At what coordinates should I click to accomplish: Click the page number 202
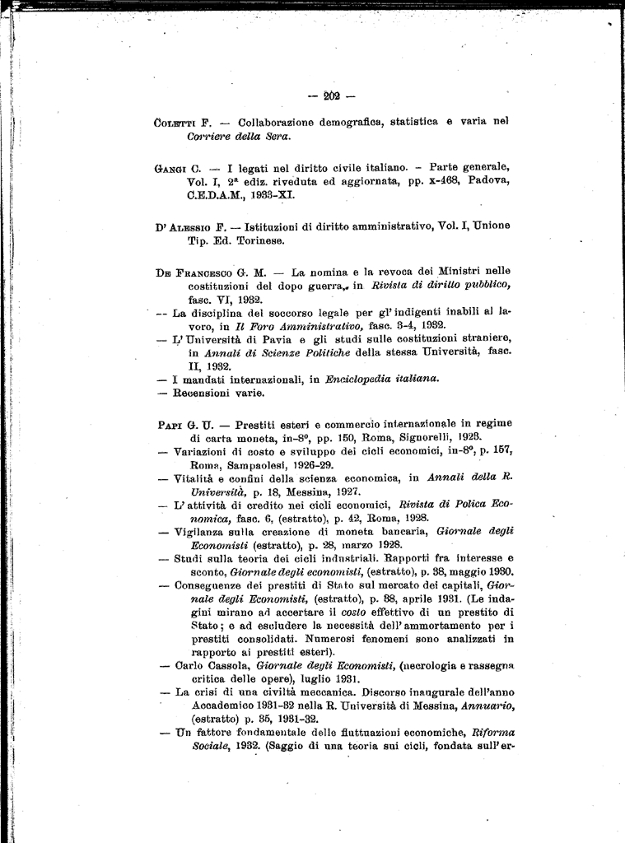pos(333,96)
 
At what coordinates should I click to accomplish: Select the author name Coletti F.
pos(183,122)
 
